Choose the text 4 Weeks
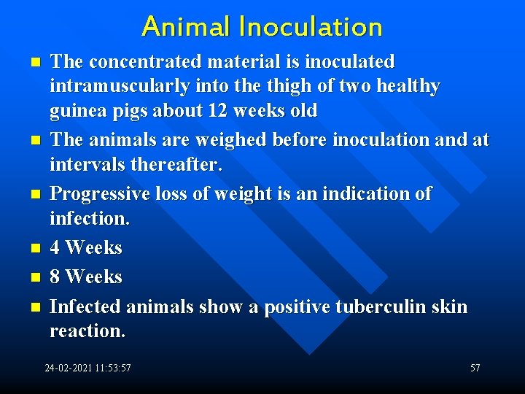[86, 248]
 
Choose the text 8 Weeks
[86, 277]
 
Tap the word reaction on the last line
[87, 331]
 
